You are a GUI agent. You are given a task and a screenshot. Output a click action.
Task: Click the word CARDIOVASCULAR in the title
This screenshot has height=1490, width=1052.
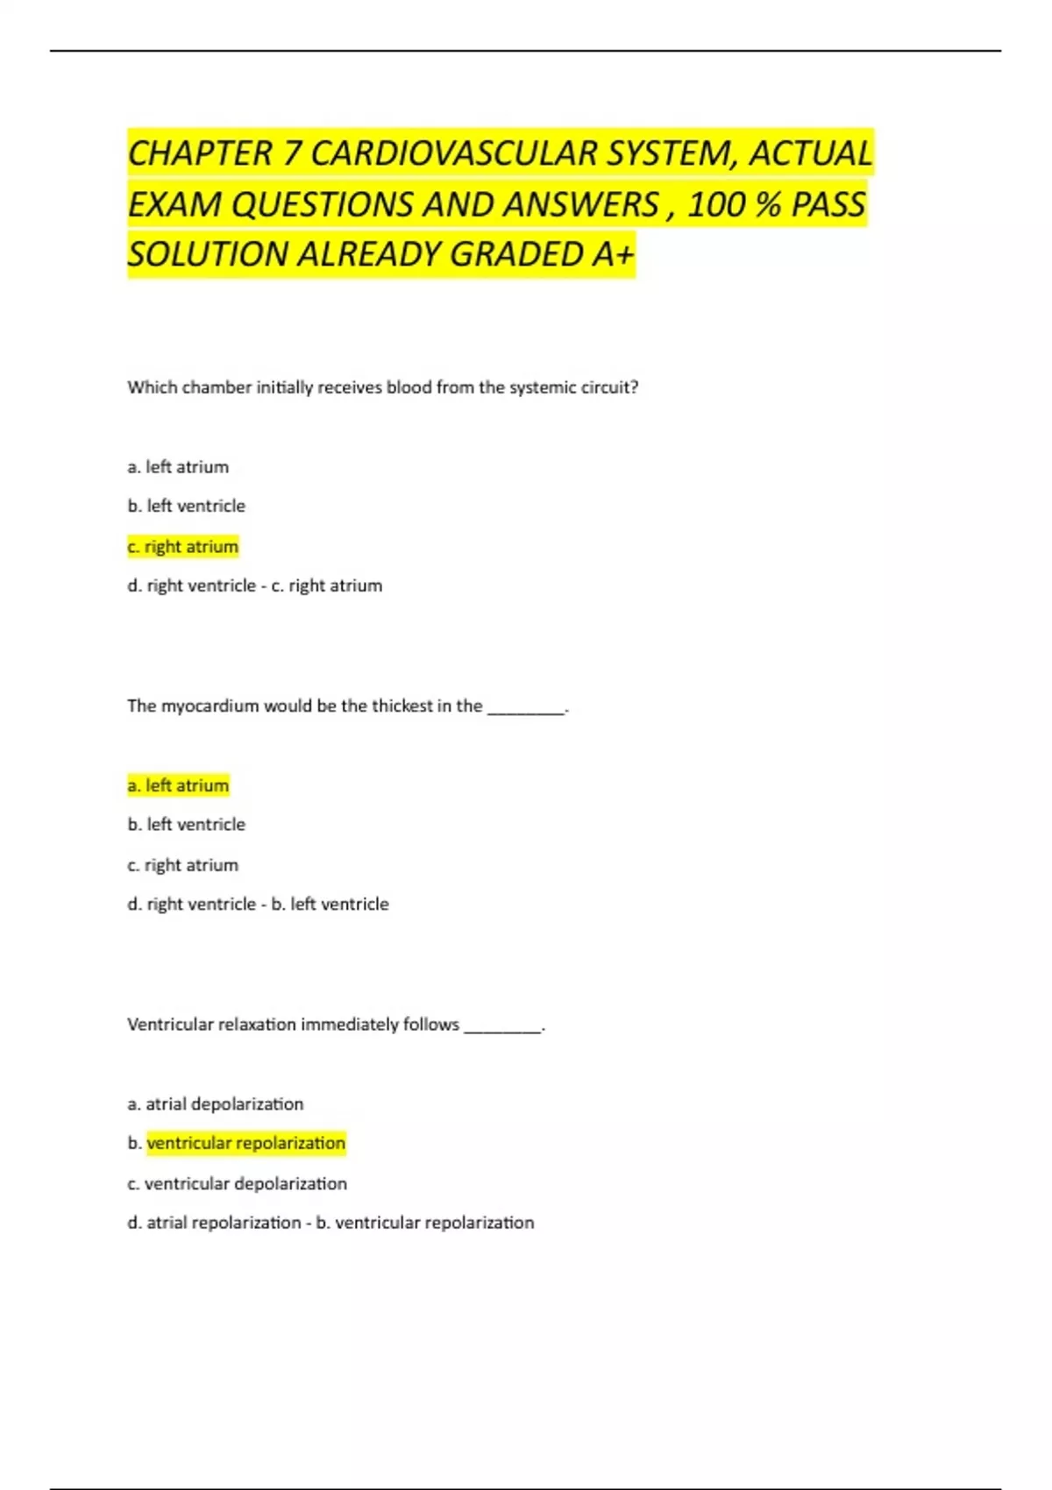(x=454, y=153)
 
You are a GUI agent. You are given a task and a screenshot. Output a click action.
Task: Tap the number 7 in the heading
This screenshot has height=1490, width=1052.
(x=291, y=153)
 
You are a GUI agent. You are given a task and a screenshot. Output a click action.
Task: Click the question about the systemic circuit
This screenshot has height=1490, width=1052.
(x=382, y=387)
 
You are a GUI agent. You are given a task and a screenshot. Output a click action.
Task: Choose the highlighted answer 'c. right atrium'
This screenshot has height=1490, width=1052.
(x=182, y=547)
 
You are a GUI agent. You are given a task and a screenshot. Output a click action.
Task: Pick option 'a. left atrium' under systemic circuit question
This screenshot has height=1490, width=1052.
(x=178, y=467)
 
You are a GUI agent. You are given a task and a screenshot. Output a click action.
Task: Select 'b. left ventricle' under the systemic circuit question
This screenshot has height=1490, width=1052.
(x=186, y=506)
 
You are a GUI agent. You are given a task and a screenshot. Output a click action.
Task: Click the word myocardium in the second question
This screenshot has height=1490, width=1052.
(x=210, y=706)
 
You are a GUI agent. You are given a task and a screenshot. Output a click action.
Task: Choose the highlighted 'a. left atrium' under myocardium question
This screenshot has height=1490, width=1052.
(x=178, y=785)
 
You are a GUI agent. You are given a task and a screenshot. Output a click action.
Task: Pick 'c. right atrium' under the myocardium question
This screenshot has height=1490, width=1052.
(x=182, y=865)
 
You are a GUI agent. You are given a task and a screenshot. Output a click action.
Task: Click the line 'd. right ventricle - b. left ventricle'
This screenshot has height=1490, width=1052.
(x=258, y=904)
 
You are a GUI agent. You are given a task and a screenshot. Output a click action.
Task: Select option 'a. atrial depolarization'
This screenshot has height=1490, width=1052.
(x=216, y=1103)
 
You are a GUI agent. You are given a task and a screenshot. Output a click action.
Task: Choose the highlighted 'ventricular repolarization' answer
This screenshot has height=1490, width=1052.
(x=245, y=1143)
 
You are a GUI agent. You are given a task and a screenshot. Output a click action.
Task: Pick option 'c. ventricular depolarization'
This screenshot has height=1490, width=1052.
(x=237, y=1183)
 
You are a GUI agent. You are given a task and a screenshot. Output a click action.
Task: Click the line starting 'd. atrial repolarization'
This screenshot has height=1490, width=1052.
(x=331, y=1222)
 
